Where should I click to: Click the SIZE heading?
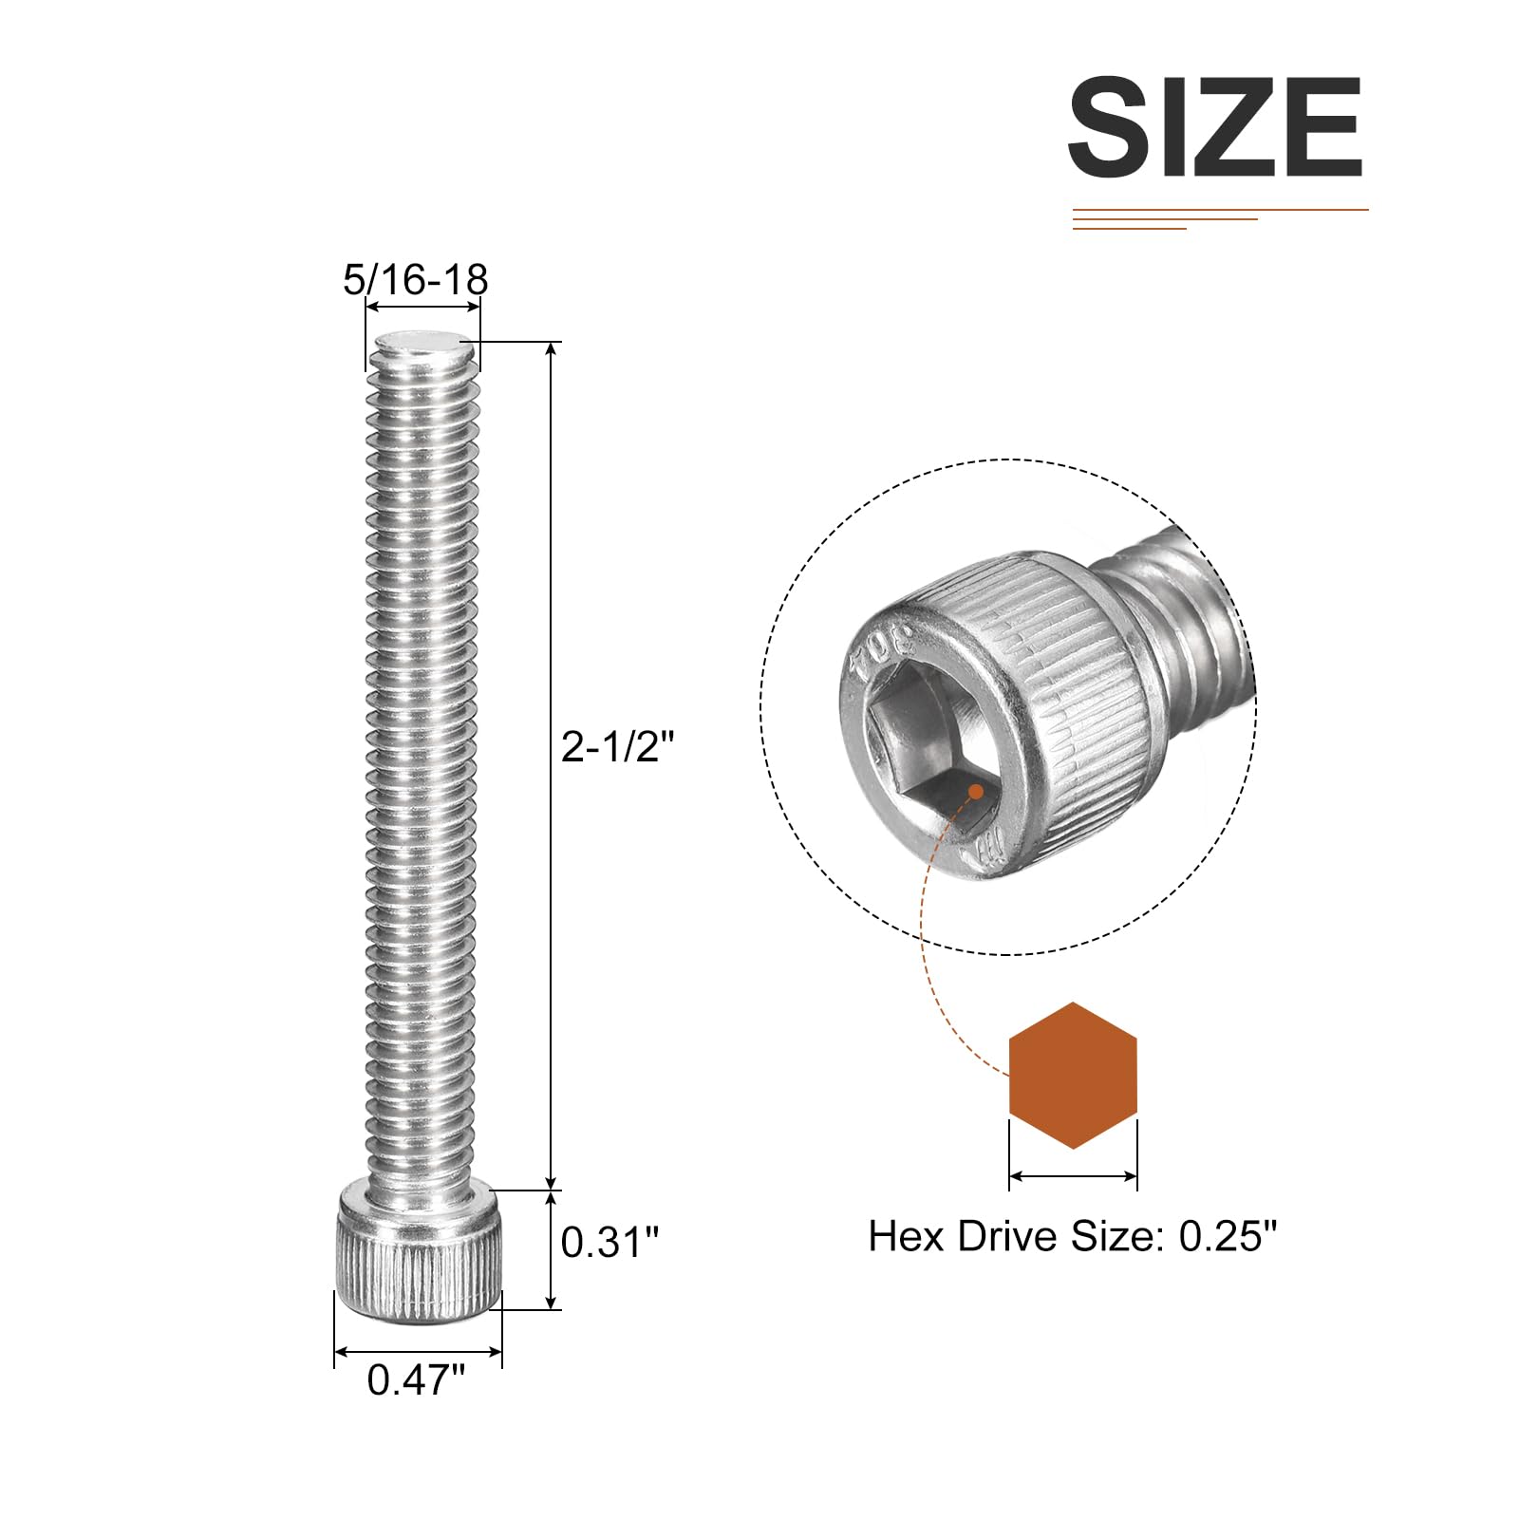[1215, 127]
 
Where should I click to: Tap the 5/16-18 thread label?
[415, 279]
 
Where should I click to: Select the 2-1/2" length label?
[617, 746]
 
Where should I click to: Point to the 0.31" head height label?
[609, 1242]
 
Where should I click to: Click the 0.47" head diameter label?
[417, 1379]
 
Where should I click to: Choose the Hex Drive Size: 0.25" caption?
[1073, 1236]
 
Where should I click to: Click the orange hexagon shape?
[1073, 1076]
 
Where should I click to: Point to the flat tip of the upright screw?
[422, 344]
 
